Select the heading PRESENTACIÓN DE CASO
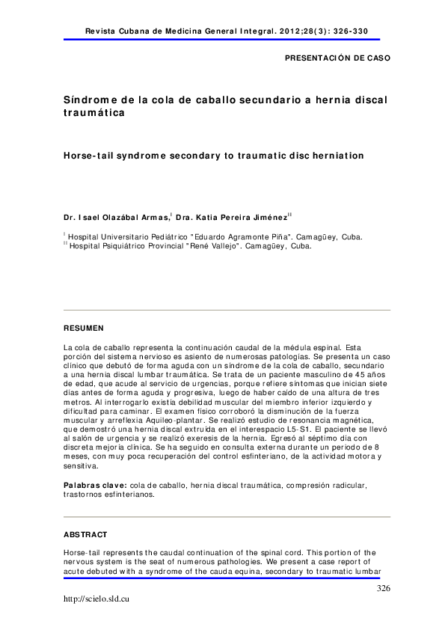337,58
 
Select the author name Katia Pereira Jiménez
239,217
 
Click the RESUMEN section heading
84,328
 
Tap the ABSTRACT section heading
85,535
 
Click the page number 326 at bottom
384,589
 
